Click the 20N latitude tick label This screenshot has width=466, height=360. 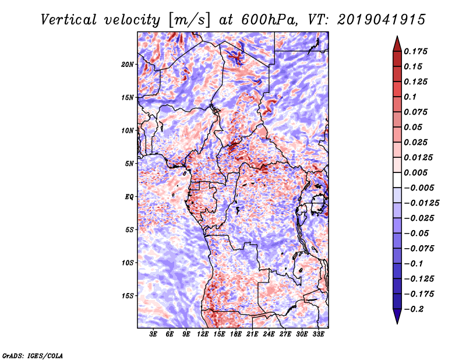tap(128, 64)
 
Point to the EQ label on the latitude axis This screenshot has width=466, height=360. tap(129, 197)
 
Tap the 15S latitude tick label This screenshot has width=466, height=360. tap(128, 296)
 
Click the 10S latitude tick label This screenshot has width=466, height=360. tap(128, 263)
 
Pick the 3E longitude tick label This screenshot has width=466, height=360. tap(154, 334)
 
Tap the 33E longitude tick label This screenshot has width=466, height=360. tap(319, 334)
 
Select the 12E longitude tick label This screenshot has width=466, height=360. tap(203, 334)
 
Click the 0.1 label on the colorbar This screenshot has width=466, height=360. tap(411, 97)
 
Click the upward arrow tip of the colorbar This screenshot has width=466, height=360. tap(396, 38)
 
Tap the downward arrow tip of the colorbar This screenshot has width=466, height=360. tap(396, 322)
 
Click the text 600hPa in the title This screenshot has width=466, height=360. tap(263, 20)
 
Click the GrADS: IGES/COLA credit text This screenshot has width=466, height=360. tap(32, 355)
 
